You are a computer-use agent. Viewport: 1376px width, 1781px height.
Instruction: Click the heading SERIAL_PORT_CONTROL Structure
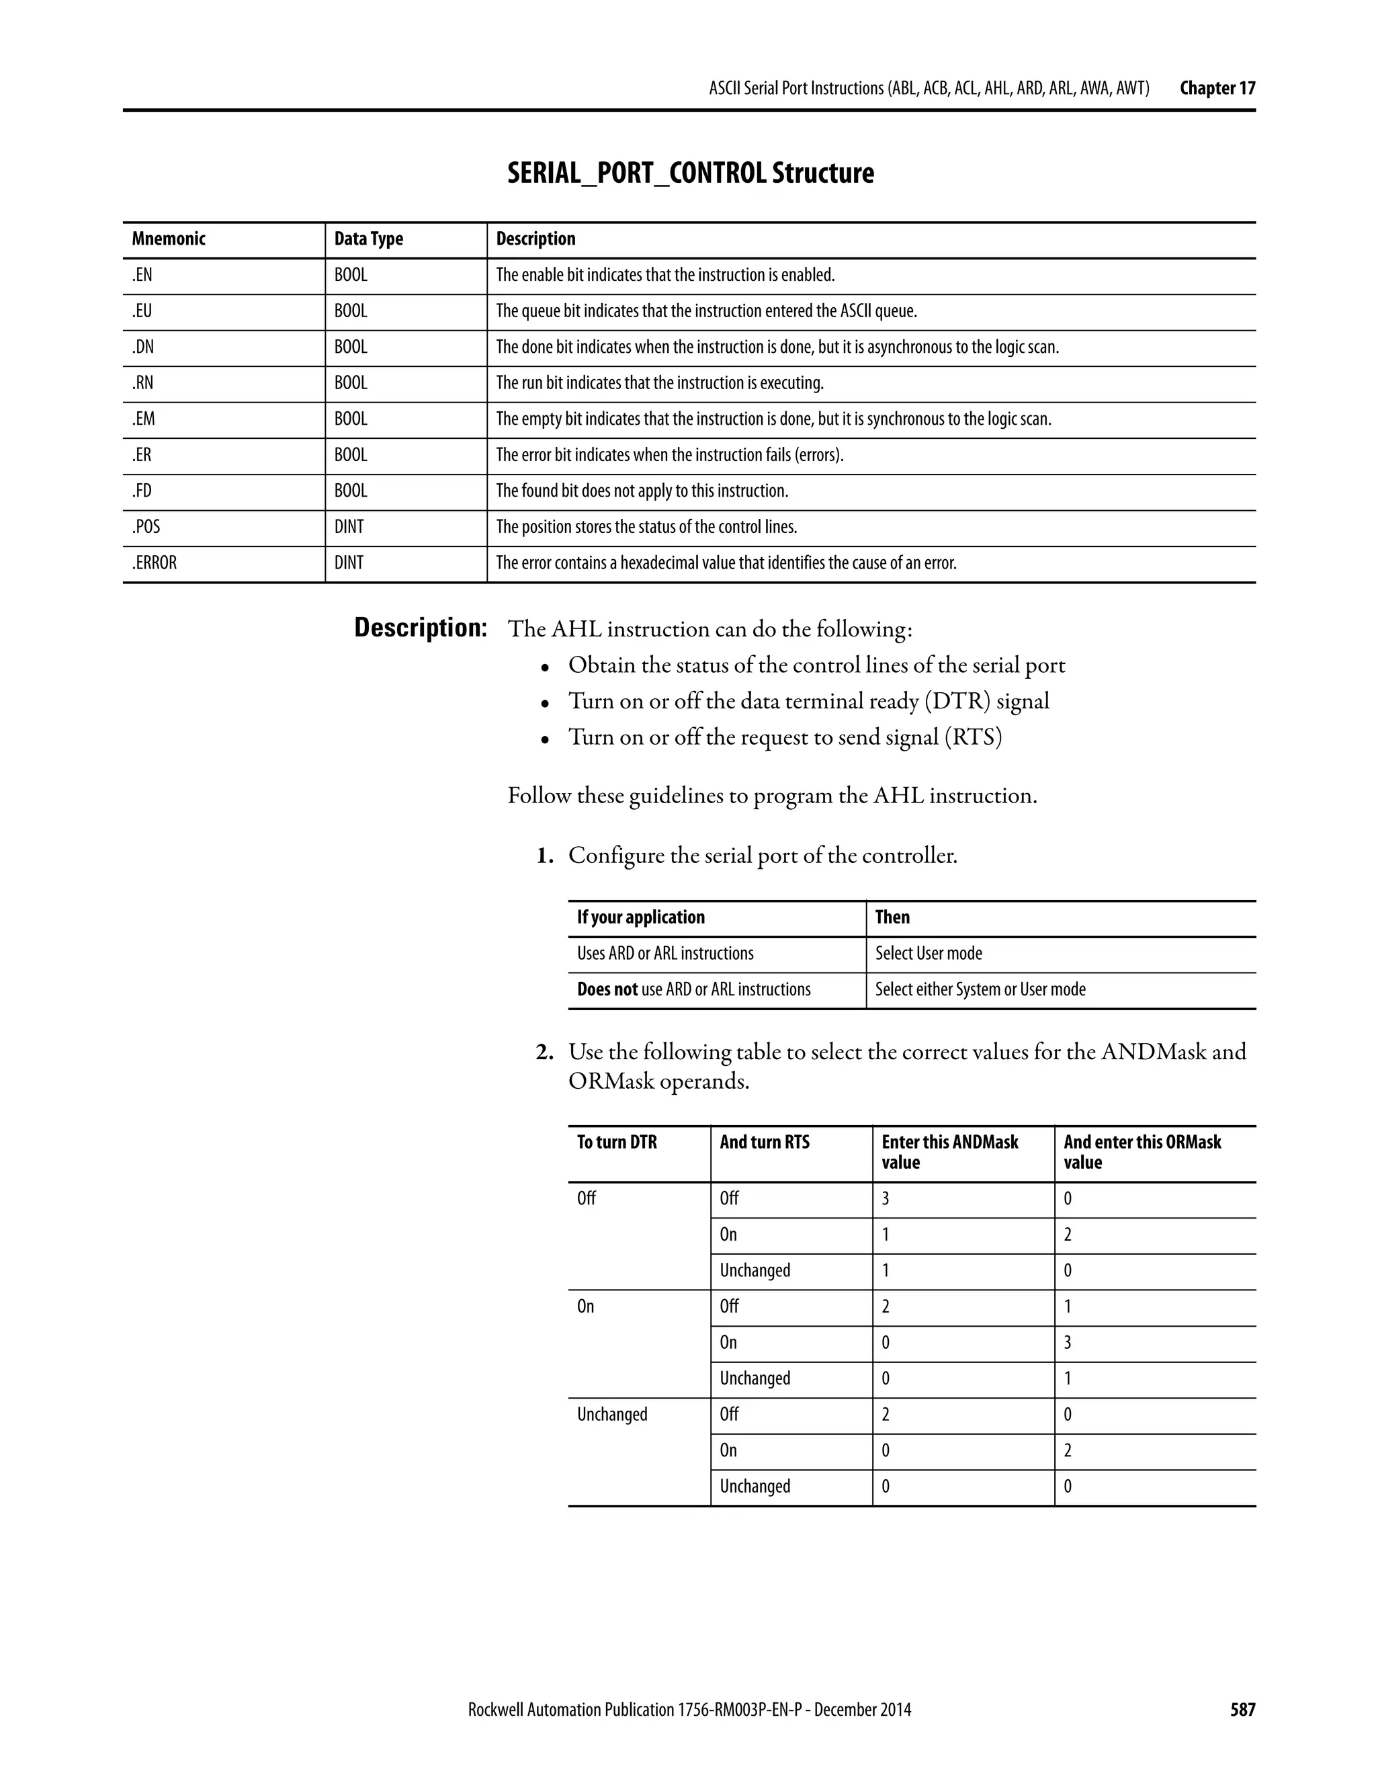[689, 173]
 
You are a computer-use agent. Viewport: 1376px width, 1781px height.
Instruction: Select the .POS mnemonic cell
[146, 527]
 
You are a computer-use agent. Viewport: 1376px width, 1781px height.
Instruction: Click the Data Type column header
[368, 239]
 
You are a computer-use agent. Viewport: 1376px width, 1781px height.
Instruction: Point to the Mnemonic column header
[169, 239]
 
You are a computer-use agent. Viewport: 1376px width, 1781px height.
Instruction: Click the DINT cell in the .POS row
[349, 527]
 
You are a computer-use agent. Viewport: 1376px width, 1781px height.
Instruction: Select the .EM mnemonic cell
[144, 419]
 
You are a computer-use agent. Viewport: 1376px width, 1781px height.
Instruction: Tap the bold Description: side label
[420, 628]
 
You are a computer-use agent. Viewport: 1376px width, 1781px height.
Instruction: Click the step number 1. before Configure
[544, 856]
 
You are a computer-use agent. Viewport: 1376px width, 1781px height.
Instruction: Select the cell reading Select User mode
[929, 953]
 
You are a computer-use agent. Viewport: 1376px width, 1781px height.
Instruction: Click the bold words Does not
[607, 989]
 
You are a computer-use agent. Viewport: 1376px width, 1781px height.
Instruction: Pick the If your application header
[641, 917]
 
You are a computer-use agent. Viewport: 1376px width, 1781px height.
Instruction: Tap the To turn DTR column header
[616, 1142]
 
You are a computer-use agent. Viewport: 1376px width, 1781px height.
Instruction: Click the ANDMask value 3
[886, 1199]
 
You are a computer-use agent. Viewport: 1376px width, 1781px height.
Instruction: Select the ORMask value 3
[1068, 1342]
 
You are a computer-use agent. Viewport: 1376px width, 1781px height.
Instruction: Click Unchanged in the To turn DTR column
[612, 1414]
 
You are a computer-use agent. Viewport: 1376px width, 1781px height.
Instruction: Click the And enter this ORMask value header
[1142, 1151]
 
